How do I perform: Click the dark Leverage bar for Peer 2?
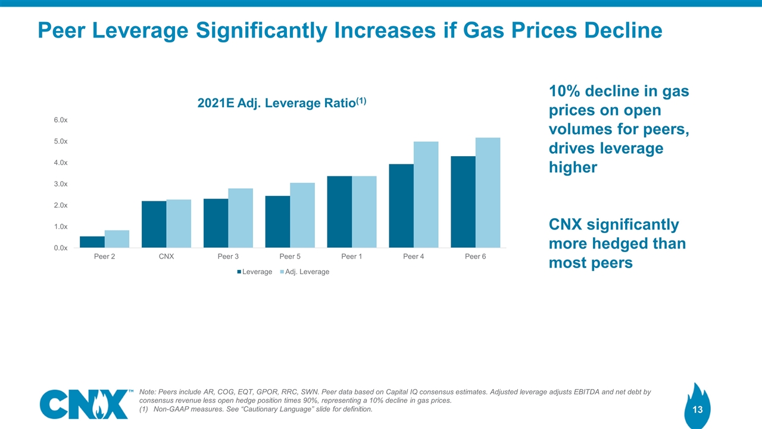click(x=92, y=242)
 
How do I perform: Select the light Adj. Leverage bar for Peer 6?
click(x=488, y=192)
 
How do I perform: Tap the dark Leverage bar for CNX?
click(x=154, y=224)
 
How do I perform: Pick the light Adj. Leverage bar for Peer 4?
click(x=426, y=194)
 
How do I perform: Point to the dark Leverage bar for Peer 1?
click(x=339, y=212)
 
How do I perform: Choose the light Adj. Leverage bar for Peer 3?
click(x=241, y=217)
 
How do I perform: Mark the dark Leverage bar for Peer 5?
click(x=277, y=222)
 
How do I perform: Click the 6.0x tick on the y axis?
click(x=60, y=120)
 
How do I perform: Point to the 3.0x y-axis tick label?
click(x=60, y=184)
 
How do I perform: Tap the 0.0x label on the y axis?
click(x=60, y=248)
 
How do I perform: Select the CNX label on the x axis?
click(x=166, y=257)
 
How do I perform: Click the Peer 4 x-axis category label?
click(x=413, y=257)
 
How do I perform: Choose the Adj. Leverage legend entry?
click(x=305, y=272)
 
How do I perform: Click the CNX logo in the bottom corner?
click(x=86, y=404)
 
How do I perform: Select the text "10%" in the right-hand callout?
click(x=564, y=92)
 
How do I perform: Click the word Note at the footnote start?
click(x=147, y=392)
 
